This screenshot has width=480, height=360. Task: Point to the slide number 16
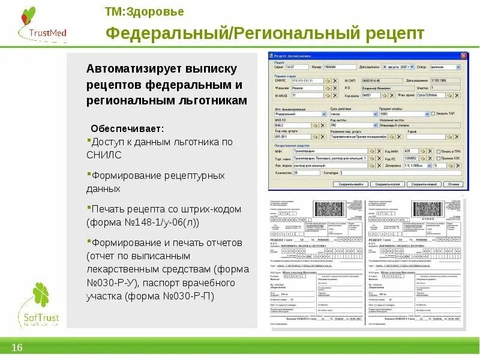click(x=17, y=348)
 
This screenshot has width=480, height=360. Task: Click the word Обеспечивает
click(x=127, y=129)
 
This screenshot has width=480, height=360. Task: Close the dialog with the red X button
click(x=463, y=55)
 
